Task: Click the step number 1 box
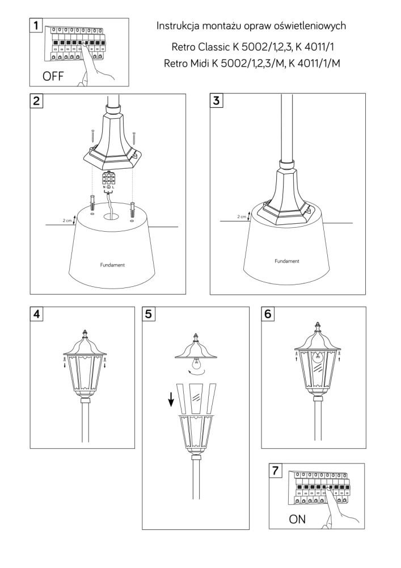tap(36, 26)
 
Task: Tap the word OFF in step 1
tap(53, 76)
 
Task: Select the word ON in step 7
tap(297, 519)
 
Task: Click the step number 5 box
tap(148, 314)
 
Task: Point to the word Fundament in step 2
tap(112, 265)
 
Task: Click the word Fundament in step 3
tap(287, 261)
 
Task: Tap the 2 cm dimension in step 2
tap(67, 220)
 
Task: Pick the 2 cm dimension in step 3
tap(242, 216)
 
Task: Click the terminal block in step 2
tap(109, 178)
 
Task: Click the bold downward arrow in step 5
tap(171, 399)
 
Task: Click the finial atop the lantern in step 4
tap(85, 333)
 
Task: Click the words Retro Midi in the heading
tap(186, 64)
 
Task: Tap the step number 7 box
tap(276, 470)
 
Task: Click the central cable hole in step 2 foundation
tap(112, 216)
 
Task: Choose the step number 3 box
tap(216, 101)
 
